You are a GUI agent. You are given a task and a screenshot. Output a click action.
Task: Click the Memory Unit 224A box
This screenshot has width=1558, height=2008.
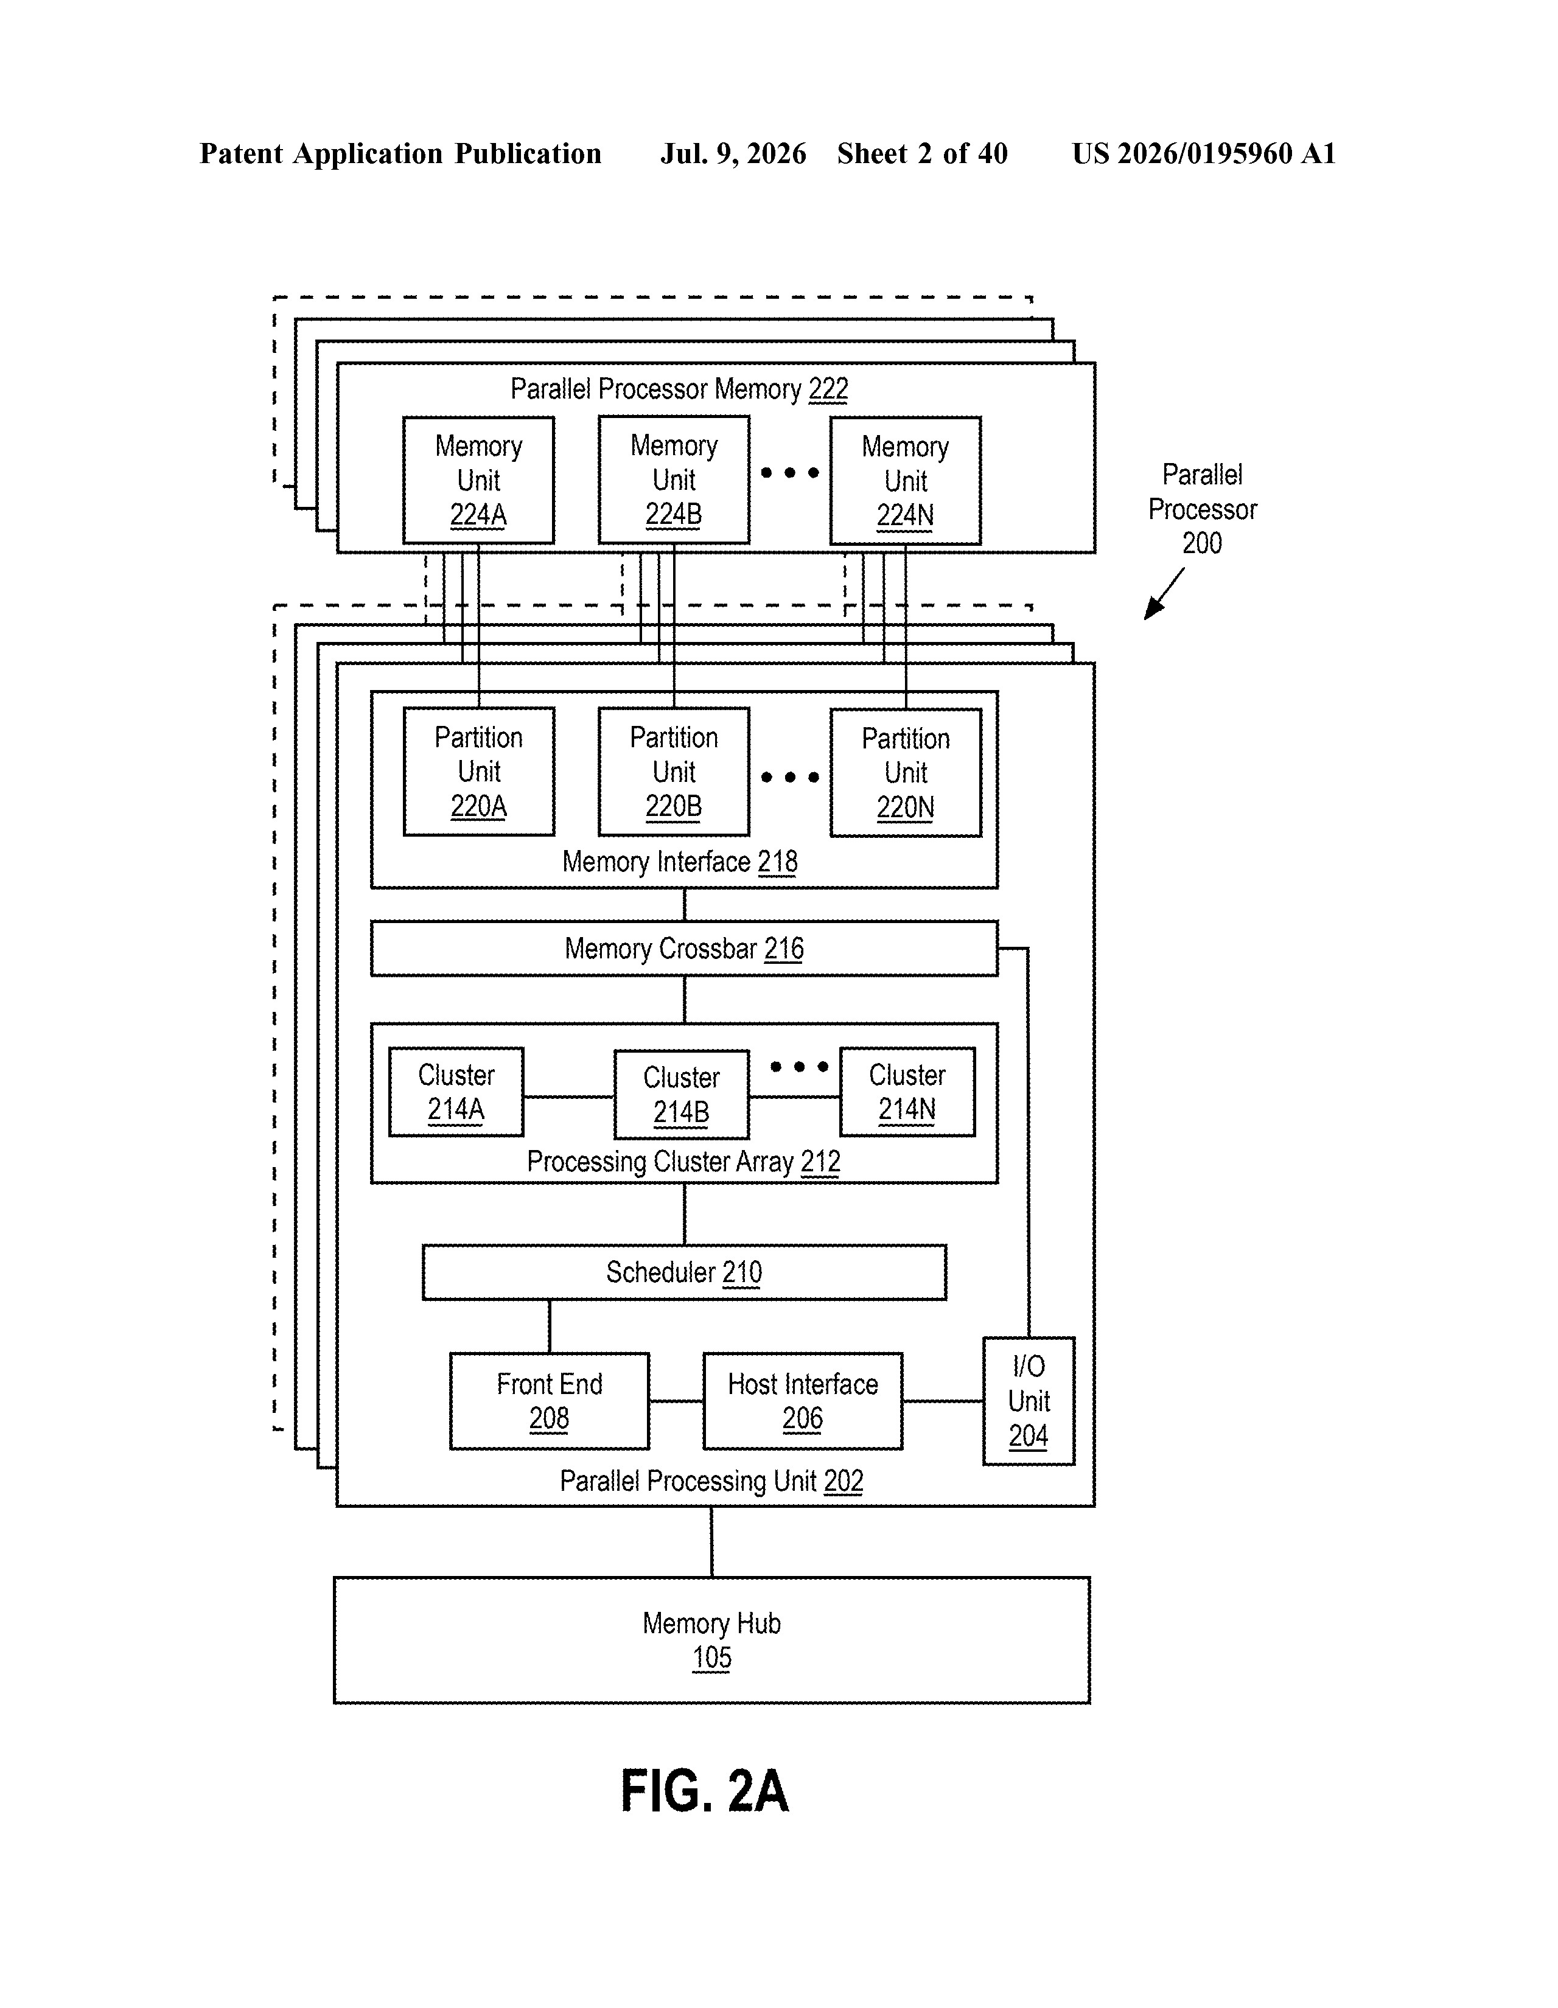click(x=478, y=480)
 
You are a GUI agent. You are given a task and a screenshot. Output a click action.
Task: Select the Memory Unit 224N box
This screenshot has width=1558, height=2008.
click(x=905, y=480)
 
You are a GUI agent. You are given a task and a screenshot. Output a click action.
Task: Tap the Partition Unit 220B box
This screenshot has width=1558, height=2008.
click(x=673, y=772)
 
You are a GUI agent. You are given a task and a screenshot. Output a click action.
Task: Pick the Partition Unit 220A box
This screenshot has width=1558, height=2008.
click(x=478, y=772)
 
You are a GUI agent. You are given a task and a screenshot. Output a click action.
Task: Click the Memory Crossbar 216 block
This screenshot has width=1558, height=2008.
click(x=683, y=948)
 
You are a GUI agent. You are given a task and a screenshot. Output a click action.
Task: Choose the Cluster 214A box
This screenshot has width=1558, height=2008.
click(x=456, y=1092)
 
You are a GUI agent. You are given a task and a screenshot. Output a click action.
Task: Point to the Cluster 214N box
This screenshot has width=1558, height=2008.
click(x=907, y=1092)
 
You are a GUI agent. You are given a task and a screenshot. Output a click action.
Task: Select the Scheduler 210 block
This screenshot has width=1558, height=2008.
click(x=683, y=1272)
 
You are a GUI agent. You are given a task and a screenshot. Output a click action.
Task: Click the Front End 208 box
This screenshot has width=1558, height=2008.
click(x=549, y=1401)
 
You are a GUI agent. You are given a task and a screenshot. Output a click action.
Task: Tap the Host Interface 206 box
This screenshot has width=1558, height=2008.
click(x=802, y=1401)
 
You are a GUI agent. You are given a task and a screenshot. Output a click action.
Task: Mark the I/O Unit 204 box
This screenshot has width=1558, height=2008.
click(x=1029, y=1401)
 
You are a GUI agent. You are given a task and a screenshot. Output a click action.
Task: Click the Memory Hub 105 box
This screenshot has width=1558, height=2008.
click(x=711, y=1641)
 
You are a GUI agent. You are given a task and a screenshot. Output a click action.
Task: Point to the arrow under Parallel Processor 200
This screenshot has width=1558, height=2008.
click(x=1164, y=594)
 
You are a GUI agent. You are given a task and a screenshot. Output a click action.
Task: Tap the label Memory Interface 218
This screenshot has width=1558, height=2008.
click(x=680, y=862)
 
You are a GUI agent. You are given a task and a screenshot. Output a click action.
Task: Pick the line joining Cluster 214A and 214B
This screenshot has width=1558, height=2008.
click(x=569, y=1097)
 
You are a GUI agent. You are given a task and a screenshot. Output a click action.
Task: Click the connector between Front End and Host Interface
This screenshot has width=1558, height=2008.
click(x=676, y=1401)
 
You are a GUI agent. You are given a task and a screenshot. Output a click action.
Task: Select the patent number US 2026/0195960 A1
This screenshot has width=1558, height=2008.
click(x=1203, y=153)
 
